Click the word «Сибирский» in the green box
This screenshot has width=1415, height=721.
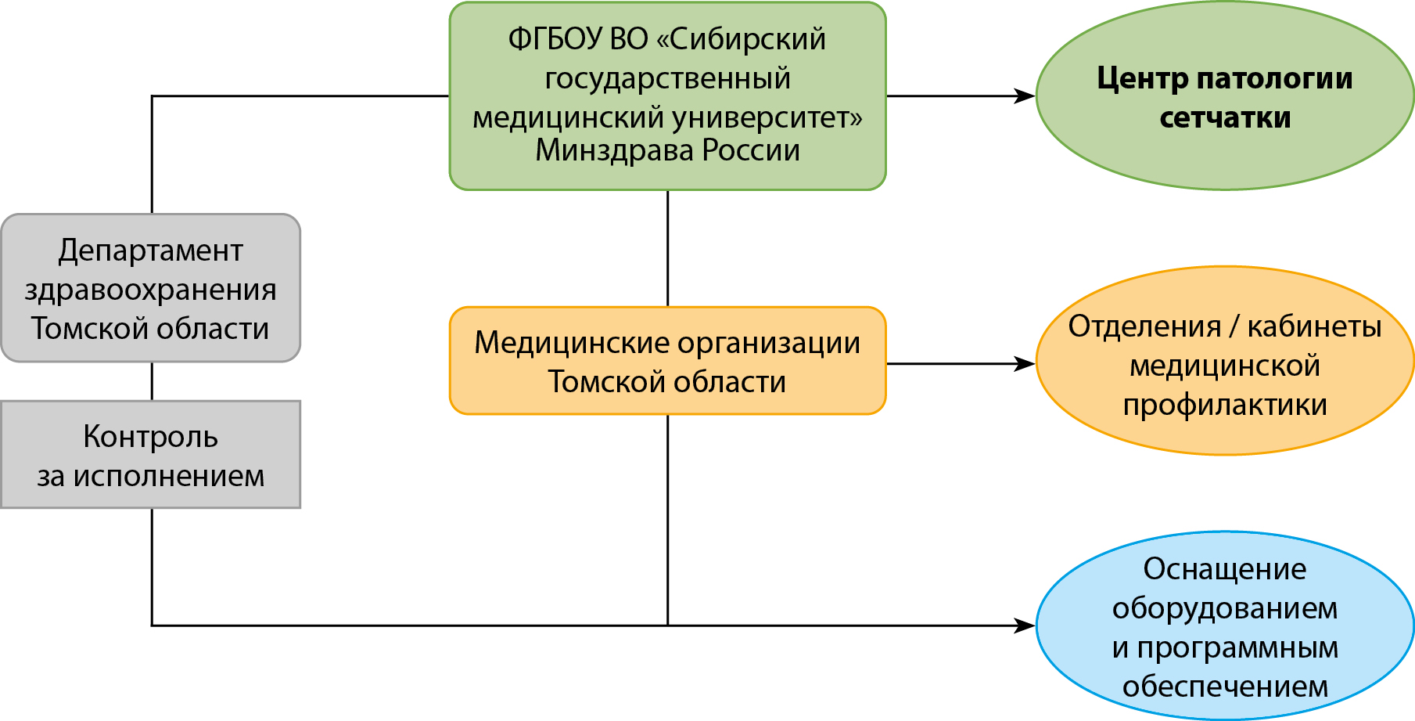[747, 39]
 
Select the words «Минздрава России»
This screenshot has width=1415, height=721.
[667, 150]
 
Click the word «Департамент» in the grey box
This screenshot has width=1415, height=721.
[150, 251]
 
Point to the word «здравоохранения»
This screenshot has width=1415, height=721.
[150, 290]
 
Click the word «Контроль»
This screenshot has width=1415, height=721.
[150, 437]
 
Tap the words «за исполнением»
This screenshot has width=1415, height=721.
[150, 476]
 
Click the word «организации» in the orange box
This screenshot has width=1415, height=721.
[769, 343]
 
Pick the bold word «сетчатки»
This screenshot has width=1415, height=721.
[1225, 117]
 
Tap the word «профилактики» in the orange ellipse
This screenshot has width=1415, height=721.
[1225, 406]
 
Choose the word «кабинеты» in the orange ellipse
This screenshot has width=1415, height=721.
[1314, 326]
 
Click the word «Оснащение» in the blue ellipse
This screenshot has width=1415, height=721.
[1225, 569]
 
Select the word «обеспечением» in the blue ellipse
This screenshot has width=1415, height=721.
[1225, 687]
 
